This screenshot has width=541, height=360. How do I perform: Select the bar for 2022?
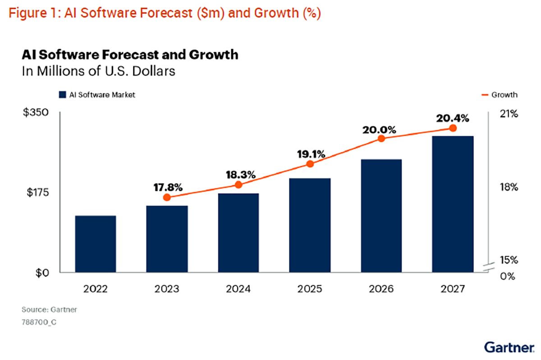pos(96,244)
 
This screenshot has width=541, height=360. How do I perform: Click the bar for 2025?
pos(310,225)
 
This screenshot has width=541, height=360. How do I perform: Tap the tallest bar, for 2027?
pos(453,204)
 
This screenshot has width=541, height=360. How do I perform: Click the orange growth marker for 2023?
pos(167,197)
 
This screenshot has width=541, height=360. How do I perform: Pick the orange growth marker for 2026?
pos(381,138)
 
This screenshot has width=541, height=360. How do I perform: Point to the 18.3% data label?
pos(238,174)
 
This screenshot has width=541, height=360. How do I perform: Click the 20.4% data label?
pos(453,118)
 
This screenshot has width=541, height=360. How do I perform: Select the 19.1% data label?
pos(310,154)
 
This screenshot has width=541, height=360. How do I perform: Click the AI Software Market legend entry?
pos(96,95)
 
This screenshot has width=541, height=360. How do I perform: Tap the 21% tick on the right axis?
pos(509,114)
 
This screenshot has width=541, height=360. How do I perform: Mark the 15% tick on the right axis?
pos(509,260)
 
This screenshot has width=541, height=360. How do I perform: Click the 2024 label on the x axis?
pos(238,289)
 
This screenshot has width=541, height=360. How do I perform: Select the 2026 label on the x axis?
pos(381,289)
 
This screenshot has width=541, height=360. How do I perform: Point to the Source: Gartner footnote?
pos(43,310)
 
